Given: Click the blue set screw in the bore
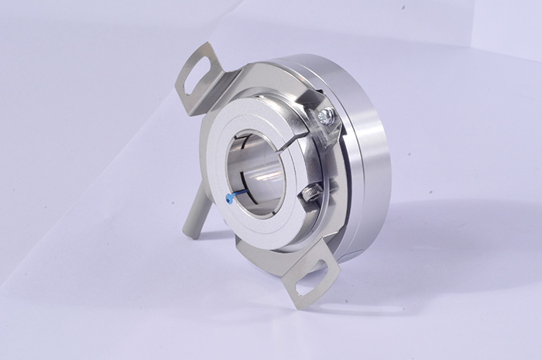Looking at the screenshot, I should point(230,197).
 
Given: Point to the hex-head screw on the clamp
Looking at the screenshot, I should point(326,117).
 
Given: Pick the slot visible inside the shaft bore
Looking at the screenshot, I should point(246,144).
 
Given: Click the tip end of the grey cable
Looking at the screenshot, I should point(189,232).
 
